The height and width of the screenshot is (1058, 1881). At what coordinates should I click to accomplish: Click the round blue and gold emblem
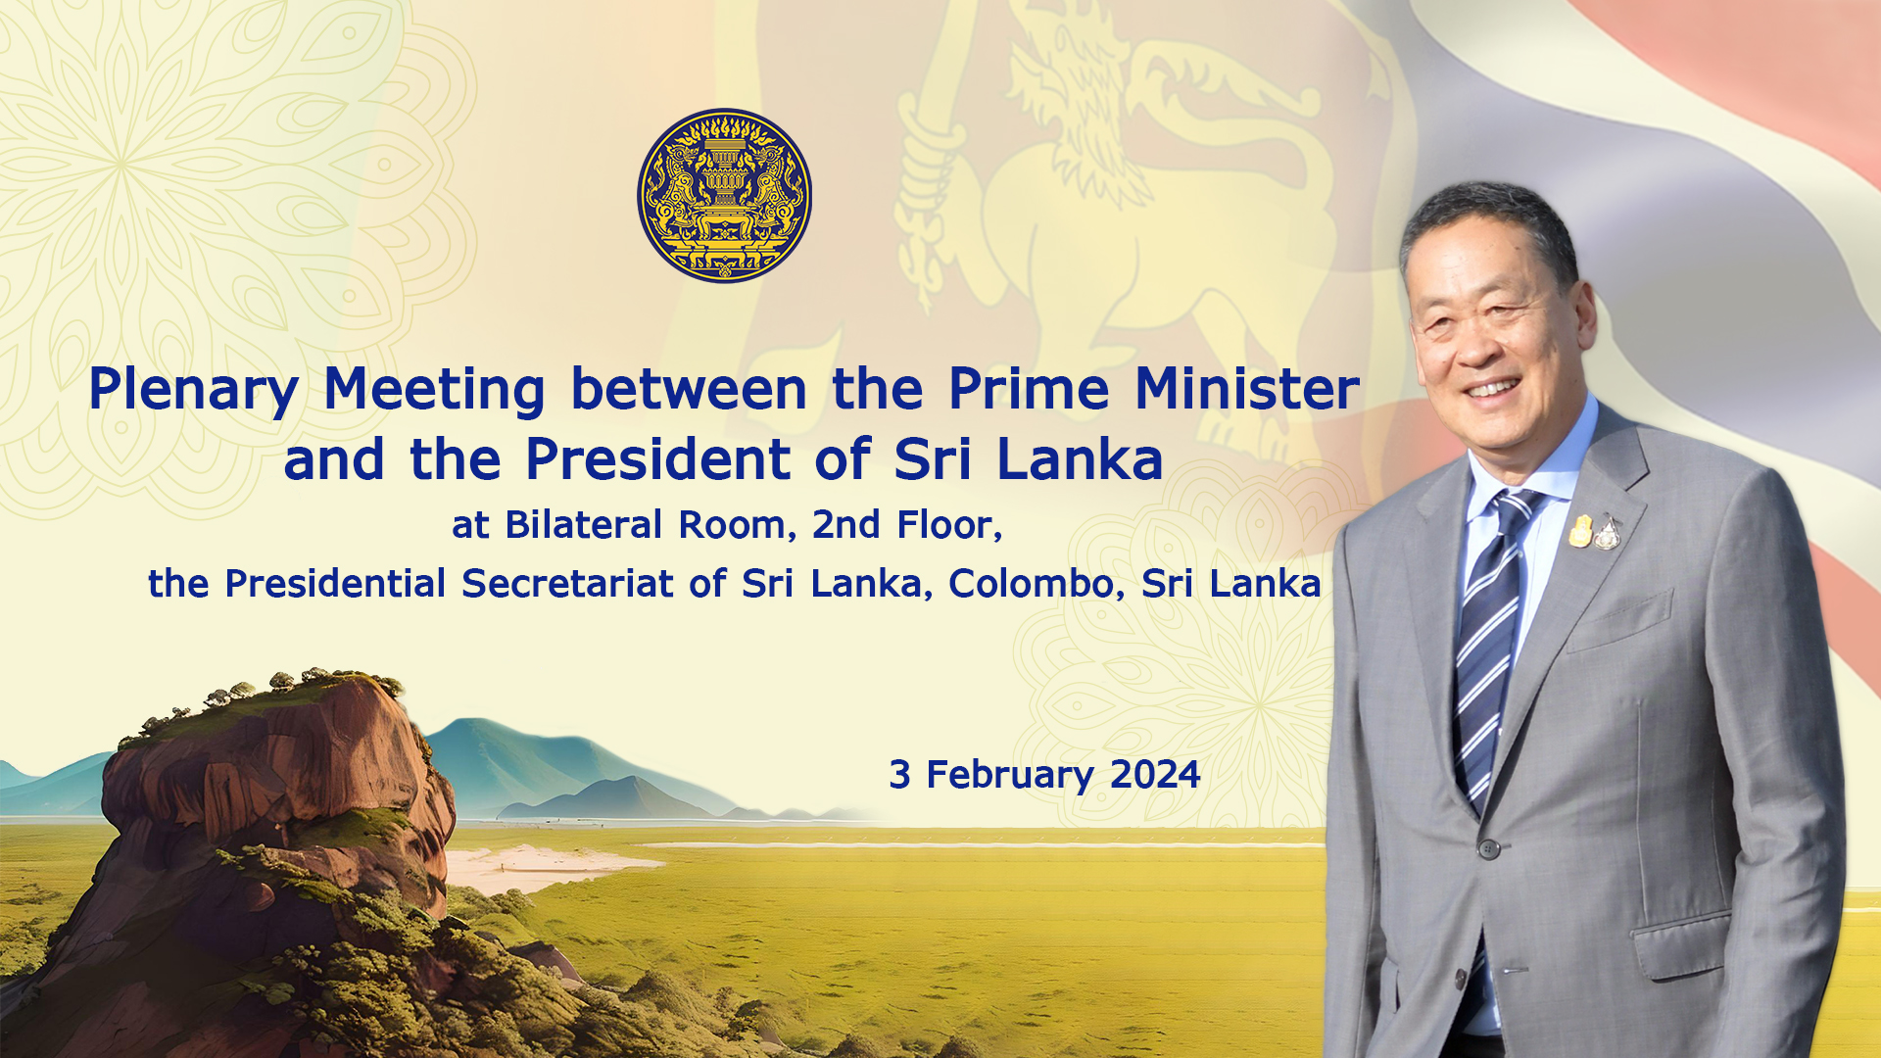coord(724,195)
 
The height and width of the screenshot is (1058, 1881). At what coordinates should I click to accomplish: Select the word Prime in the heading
coord(1029,388)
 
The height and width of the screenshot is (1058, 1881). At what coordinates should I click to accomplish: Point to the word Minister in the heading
coord(1247,388)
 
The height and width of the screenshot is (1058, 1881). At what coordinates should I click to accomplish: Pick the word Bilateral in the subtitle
coord(584,525)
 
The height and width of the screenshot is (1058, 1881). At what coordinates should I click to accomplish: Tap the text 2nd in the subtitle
coord(846,525)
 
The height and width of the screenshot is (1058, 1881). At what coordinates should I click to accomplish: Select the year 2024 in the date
coord(1155,775)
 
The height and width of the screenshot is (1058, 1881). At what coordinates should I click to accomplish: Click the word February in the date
coord(1010,776)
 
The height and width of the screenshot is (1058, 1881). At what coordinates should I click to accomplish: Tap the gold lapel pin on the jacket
coord(1580,530)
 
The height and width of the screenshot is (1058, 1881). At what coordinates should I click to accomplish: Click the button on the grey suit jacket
coord(1488,848)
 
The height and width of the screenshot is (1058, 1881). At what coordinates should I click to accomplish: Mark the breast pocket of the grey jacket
coord(1617,623)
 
